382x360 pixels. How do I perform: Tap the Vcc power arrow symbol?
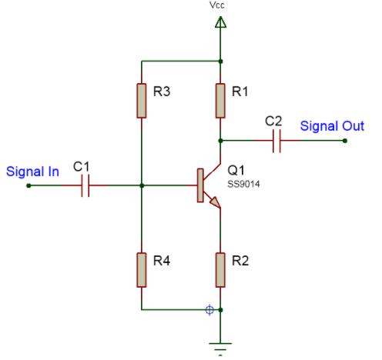click(221, 23)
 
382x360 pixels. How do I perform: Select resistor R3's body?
click(142, 100)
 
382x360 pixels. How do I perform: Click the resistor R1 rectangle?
click(221, 100)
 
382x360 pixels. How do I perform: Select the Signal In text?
click(32, 172)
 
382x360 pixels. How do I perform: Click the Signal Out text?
click(332, 126)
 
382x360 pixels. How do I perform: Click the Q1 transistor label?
click(235, 170)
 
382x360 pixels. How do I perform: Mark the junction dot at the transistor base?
click(142, 185)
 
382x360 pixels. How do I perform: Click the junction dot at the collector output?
click(221, 141)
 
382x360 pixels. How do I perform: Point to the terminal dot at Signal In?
click(29, 185)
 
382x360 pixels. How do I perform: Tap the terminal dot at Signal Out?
click(343, 141)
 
